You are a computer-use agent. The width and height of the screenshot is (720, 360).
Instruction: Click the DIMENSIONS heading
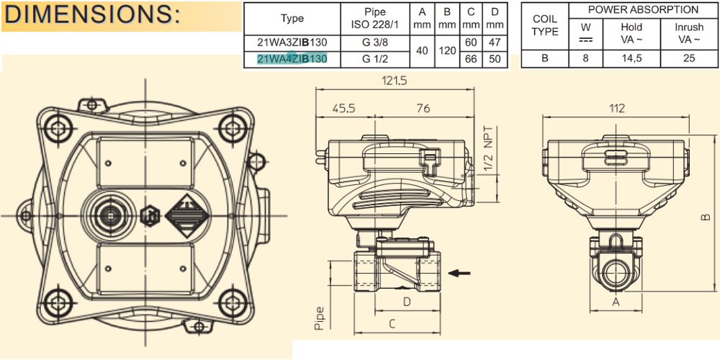click(x=92, y=15)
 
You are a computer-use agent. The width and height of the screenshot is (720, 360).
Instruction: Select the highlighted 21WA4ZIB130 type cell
click(x=292, y=59)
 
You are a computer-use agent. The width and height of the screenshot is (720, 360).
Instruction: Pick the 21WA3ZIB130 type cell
click(x=292, y=43)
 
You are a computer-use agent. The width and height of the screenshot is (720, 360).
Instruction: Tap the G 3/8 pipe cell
click(x=374, y=43)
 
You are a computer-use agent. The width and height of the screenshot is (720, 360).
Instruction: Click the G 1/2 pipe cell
click(x=374, y=59)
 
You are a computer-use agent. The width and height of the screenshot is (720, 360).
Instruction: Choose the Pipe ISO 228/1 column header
click(x=374, y=19)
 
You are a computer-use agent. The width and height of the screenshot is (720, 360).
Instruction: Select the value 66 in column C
click(x=471, y=59)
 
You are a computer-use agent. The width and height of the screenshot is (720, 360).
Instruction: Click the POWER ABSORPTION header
click(x=643, y=9)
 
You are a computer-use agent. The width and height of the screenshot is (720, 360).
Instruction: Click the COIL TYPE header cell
click(x=544, y=25)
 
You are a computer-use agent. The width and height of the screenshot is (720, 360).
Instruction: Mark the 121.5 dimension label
click(x=394, y=81)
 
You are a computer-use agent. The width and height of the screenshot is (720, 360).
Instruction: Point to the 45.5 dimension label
click(x=344, y=109)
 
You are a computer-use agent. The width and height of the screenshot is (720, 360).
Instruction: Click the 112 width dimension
click(x=617, y=109)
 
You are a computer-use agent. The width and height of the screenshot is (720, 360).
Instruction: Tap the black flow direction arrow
click(x=459, y=273)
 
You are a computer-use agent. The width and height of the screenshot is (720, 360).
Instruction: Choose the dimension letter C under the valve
click(x=392, y=324)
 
